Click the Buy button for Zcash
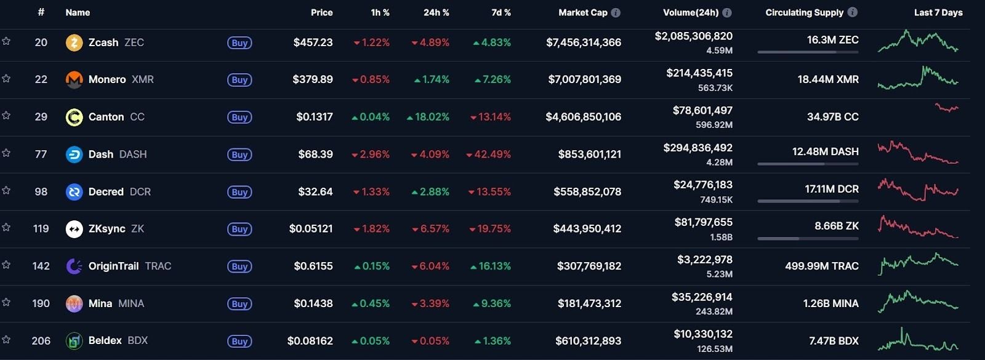239,43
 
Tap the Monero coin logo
74,79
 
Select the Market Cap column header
582,12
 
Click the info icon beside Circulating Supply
852,12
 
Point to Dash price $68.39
315,154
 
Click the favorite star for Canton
6,116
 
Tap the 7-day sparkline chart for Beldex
917,340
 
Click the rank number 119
41,229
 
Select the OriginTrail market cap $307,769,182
589,266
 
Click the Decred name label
106,192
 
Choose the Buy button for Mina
239,304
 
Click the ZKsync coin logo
74,229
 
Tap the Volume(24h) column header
690,12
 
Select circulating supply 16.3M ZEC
832,40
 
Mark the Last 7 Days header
938,12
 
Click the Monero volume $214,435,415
699,73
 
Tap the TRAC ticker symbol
158,266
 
